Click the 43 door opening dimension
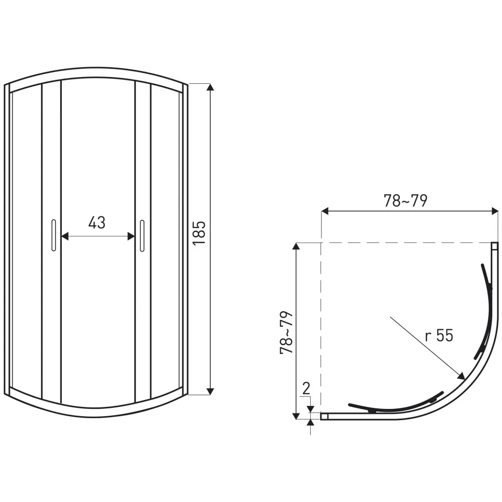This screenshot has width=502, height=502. (97, 223)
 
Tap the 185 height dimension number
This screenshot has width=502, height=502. (199, 233)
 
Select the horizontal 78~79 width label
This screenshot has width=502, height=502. (405, 201)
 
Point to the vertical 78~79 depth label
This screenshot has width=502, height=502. (286, 332)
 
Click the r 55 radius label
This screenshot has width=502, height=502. (439, 335)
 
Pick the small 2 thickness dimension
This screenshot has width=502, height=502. (306, 388)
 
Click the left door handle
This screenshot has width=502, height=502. (53, 235)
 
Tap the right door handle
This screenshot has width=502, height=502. (142, 236)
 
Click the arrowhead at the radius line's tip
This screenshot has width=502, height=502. (461, 376)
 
